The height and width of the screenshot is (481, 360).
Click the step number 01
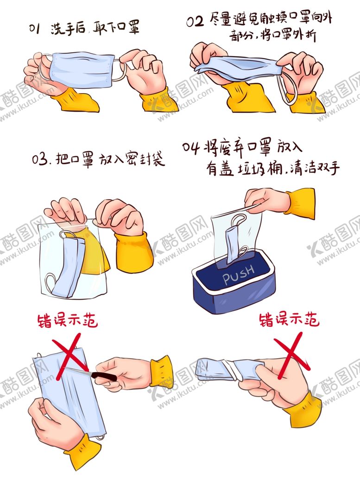[x=35, y=29]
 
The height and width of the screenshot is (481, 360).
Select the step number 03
[x=40, y=161]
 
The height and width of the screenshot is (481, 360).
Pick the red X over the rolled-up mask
[x=291, y=357]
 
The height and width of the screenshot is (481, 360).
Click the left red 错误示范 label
[x=68, y=321]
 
